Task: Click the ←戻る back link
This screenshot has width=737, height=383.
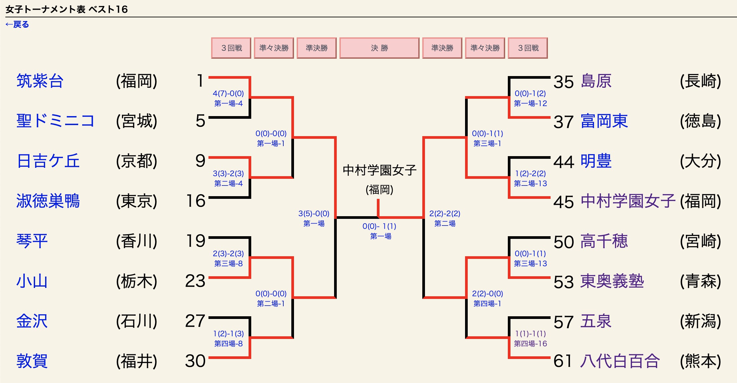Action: [17, 24]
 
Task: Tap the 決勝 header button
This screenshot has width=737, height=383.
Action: [379, 48]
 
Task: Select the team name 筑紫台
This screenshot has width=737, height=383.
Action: [40, 81]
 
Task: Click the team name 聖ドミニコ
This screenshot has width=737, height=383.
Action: [55, 121]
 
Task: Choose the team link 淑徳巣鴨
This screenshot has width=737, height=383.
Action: [48, 201]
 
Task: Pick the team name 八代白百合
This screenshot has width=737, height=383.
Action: [620, 361]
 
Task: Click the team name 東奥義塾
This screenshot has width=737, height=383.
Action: [612, 281]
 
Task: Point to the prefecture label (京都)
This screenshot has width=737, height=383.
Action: [137, 161]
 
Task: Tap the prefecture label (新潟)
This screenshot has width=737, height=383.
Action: [701, 321]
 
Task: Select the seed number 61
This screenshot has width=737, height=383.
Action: [563, 361]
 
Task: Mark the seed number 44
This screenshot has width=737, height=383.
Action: [564, 162]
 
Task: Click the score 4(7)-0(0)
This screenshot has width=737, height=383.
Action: [229, 94]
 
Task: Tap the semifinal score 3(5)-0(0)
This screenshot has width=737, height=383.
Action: [314, 214]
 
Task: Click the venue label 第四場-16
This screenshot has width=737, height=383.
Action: [531, 344]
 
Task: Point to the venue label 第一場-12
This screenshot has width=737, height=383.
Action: [531, 103]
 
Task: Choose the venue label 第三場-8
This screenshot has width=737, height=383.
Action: [229, 264]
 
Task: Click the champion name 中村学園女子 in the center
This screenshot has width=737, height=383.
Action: [380, 170]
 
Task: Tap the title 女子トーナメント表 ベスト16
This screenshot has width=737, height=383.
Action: [67, 9]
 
